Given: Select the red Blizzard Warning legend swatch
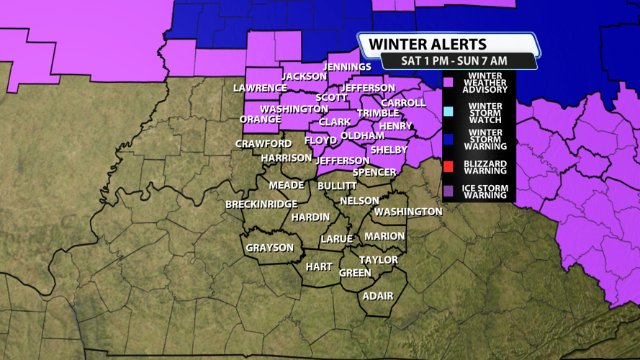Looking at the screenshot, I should tap(449, 167).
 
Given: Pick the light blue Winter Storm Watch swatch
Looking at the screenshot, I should tap(449, 111).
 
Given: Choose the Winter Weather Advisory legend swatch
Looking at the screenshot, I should tap(449, 83).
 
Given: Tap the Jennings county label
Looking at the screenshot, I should tap(347, 67).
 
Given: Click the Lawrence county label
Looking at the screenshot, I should tap(260, 88).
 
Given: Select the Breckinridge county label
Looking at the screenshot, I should tap(261, 204).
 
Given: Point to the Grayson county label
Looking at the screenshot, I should tap(270, 248).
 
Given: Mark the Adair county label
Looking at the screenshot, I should tap(378, 296).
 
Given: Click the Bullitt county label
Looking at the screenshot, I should tap(337, 186).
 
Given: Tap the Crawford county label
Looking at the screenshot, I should tap(263, 144).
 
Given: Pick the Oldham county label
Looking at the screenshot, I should tap(362, 135).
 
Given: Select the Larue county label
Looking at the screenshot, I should tap(336, 239).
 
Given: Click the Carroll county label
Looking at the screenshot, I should tap(403, 103).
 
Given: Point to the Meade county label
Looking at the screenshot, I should tap(287, 185).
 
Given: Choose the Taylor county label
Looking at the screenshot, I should tap(379, 260).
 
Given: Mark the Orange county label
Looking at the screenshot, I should tap(260, 120).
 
